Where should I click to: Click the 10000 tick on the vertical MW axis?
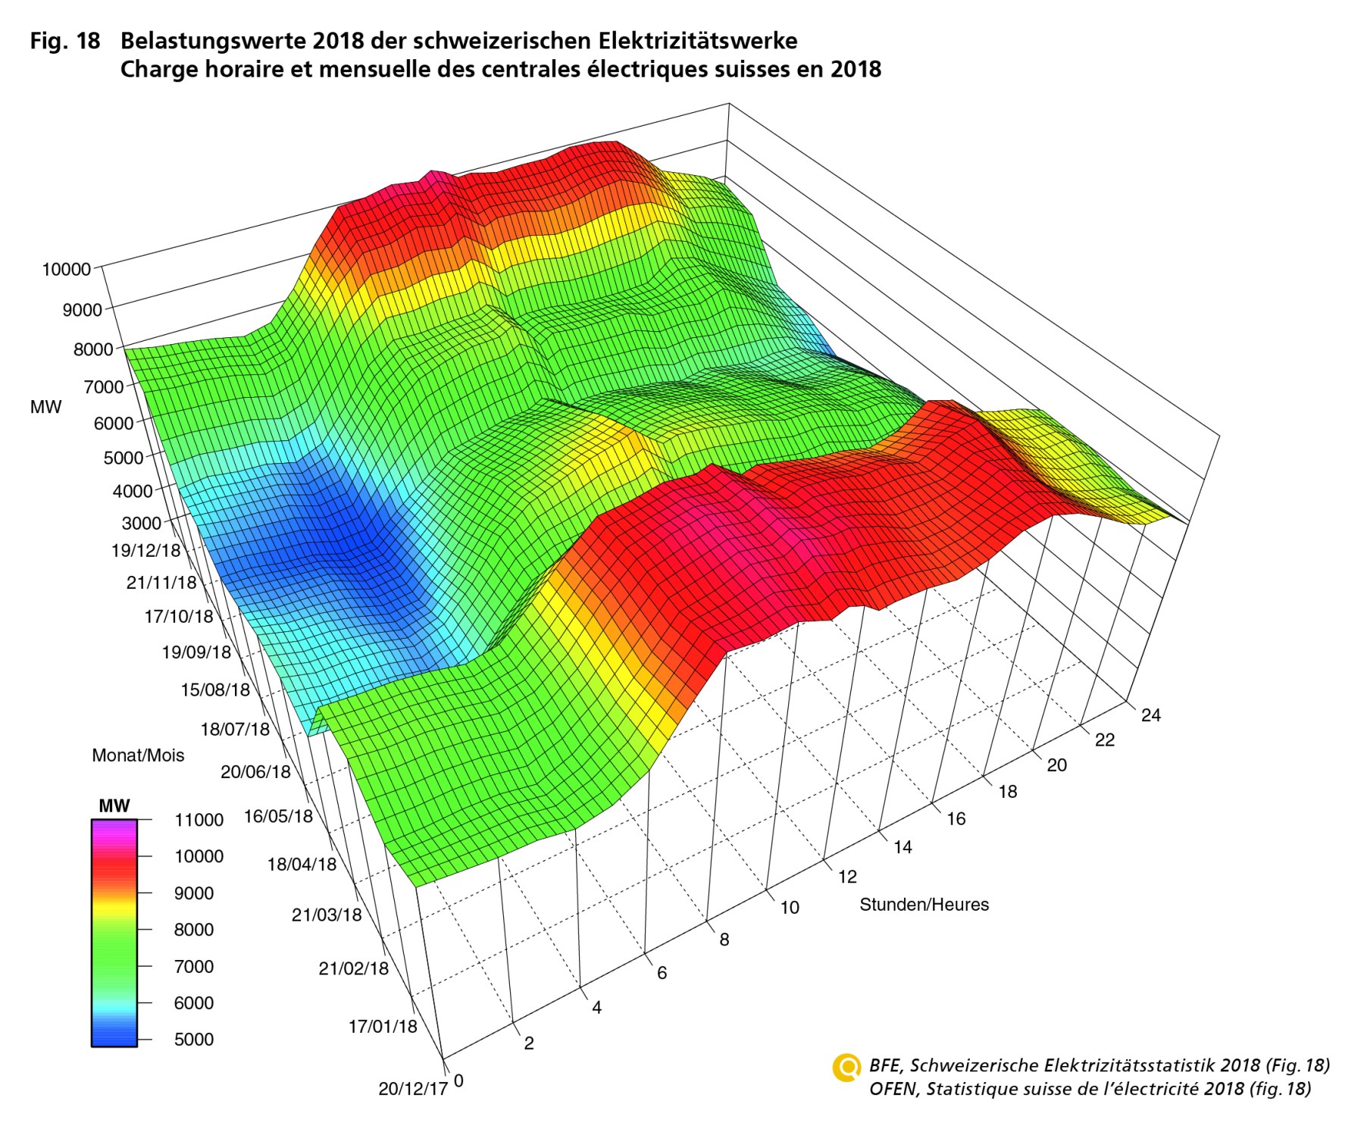[66, 269]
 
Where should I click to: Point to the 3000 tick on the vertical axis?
[141, 523]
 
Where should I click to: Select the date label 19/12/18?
[145, 551]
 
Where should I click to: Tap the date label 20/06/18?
[255, 772]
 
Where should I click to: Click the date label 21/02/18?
[353, 968]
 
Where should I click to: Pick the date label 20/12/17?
[413, 1089]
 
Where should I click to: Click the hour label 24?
[1150, 715]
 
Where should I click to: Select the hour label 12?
[846, 877]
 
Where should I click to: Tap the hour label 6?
[662, 973]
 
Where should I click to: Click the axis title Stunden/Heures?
[924, 905]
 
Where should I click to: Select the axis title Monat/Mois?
[138, 755]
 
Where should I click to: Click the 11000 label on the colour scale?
[199, 820]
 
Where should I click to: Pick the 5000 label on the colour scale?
[194, 1040]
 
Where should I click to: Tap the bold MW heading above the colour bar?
[114, 806]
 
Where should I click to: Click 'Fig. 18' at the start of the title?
[65, 41]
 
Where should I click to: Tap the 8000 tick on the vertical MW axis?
[92, 350]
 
